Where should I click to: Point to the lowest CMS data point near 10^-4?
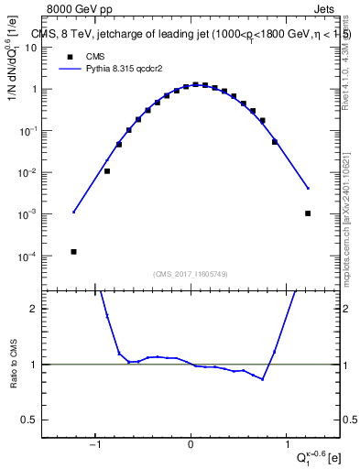(x=73, y=251)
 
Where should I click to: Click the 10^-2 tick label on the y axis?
(x=42, y=172)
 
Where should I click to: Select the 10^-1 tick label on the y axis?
(x=42, y=131)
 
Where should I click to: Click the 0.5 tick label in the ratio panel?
(x=41, y=420)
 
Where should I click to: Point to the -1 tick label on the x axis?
(x=94, y=446)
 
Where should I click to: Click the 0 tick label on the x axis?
(x=191, y=446)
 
